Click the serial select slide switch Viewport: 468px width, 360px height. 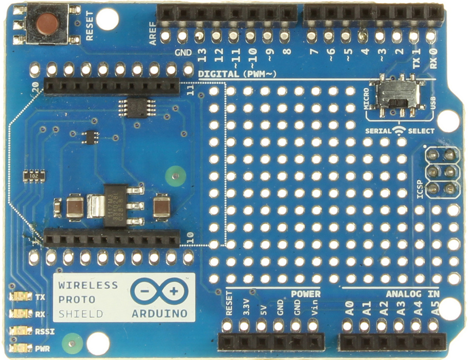(x=400, y=94)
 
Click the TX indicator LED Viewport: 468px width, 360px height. (x=21, y=297)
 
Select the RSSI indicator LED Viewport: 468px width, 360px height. (x=21, y=331)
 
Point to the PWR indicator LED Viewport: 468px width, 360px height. (x=21, y=348)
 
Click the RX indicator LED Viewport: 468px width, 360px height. (x=21, y=314)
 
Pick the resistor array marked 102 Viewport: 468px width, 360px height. (x=34, y=176)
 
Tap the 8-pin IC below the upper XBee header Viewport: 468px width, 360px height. (x=135, y=107)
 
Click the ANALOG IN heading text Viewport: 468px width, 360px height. (x=412, y=294)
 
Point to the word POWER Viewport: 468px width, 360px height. (x=306, y=294)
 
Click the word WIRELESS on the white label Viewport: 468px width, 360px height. (x=88, y=285)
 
